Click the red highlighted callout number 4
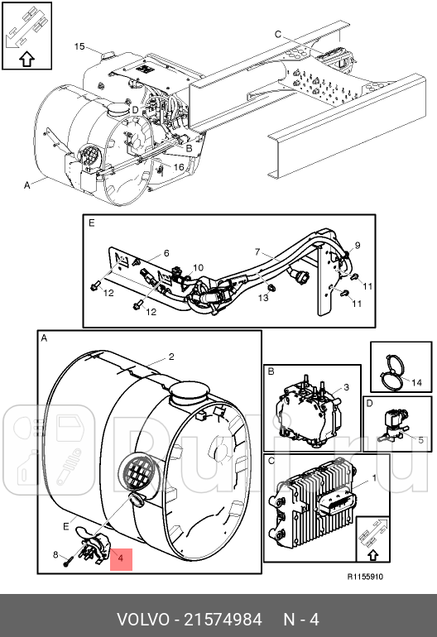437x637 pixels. coord(120,560)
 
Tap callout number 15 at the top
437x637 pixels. coord(79,45)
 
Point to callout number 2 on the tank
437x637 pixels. coord(171,357)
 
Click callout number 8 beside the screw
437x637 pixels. coord(55,554)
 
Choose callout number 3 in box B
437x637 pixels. coord(347,387)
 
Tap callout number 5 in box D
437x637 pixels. coord(420,439)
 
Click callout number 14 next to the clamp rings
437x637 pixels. coord(416,382)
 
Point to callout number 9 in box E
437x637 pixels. coord(358,245)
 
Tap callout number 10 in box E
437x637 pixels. coord(198,268)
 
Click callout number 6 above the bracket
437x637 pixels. coord(166,253)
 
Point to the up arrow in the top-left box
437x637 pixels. coord(26,59)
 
